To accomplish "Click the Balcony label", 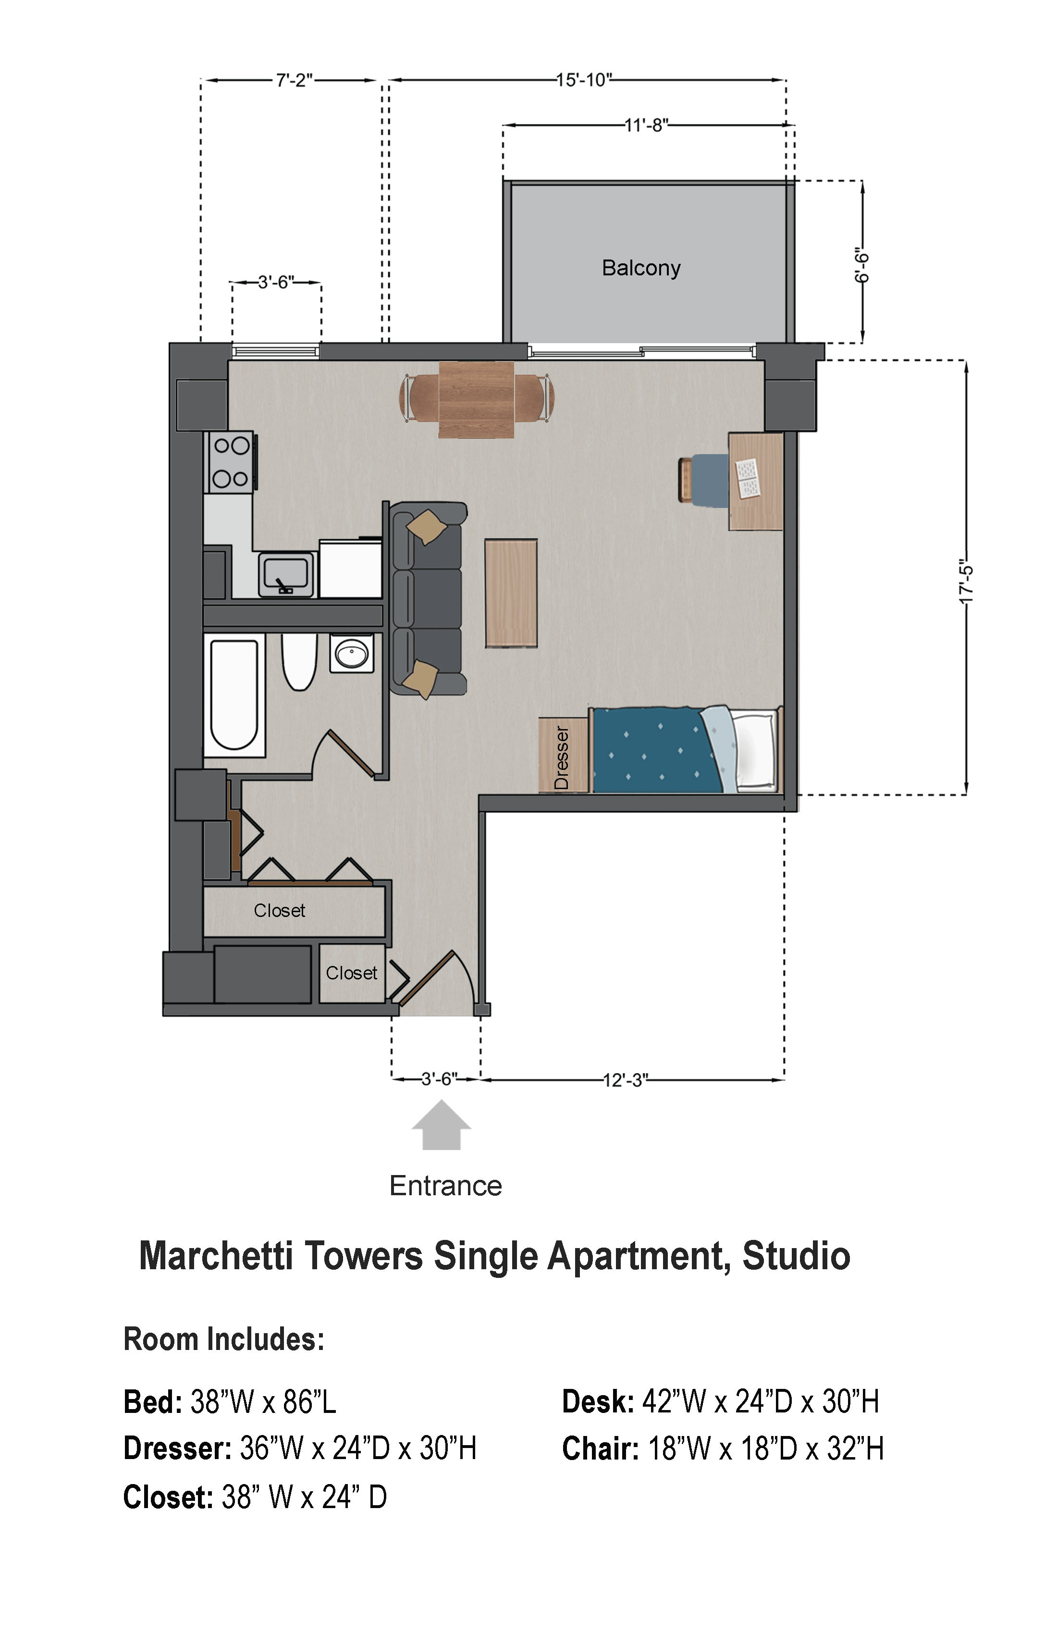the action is tap(641, 268).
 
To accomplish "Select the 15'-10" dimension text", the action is tap(583, 80).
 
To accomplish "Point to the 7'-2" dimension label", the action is tap(295, 80).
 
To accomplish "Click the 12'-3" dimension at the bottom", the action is tap(625, 1080).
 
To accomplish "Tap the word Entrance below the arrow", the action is tap(445, 1186).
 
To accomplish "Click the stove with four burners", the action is tap(230, 461).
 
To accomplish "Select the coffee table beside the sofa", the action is tap(511, 593).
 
